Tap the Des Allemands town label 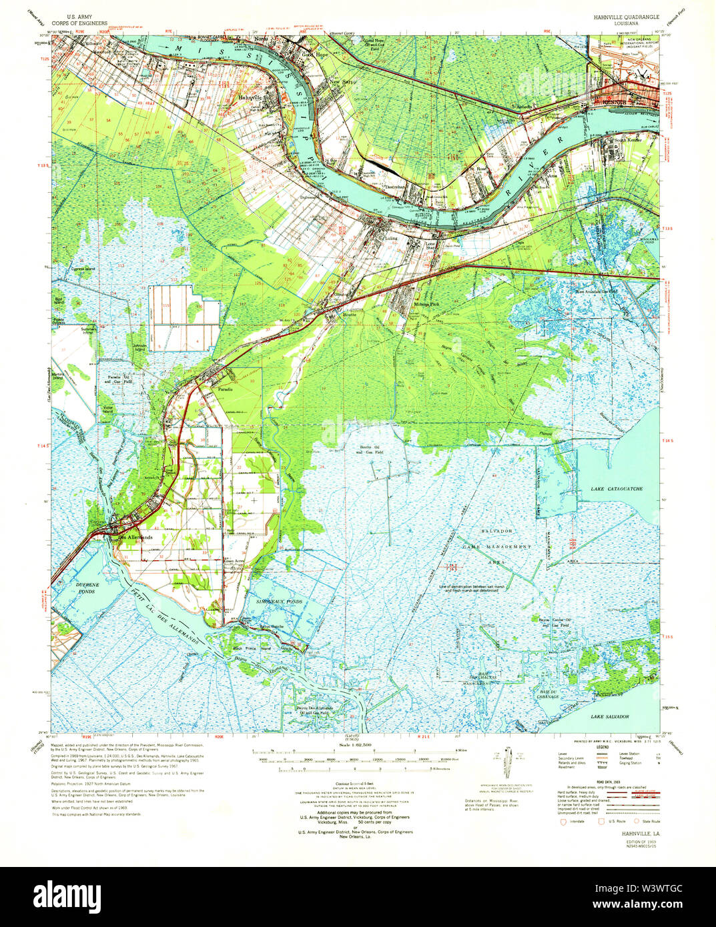[x=135, y=538]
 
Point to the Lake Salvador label [x=609, y=716]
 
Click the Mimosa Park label [x=426, y=304]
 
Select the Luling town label [x=389, y=237]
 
